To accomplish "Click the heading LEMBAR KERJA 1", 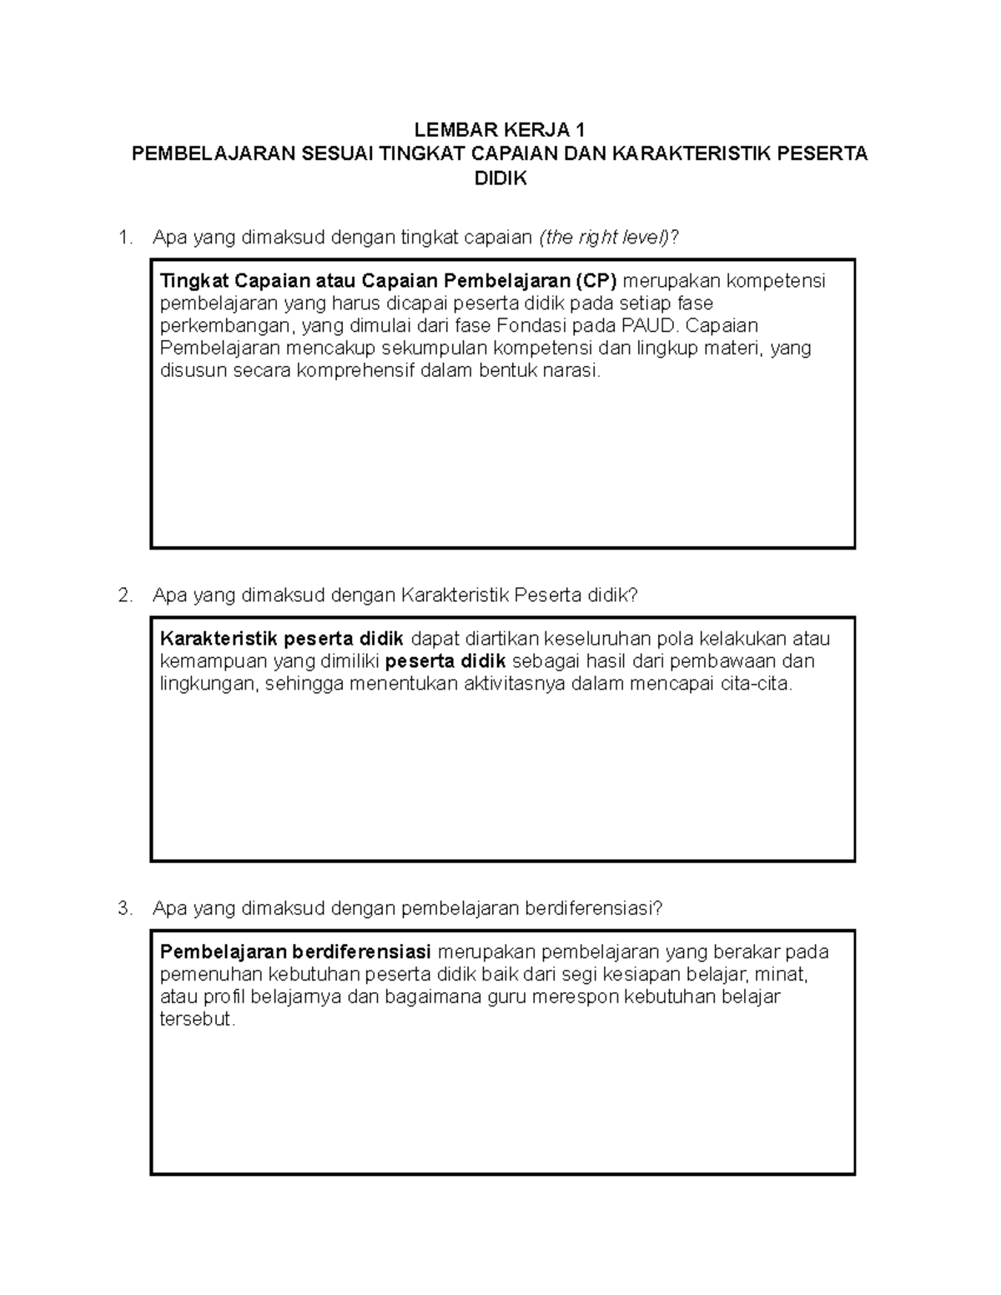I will click(500, 130).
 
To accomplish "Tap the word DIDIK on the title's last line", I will click(500, 178).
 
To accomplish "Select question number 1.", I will click(126, 238).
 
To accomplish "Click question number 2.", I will click(126, 595).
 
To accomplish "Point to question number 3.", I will click(126, 908).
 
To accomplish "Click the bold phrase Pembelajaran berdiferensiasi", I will click(295, 951).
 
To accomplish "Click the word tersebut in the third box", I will click(198, 1019).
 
